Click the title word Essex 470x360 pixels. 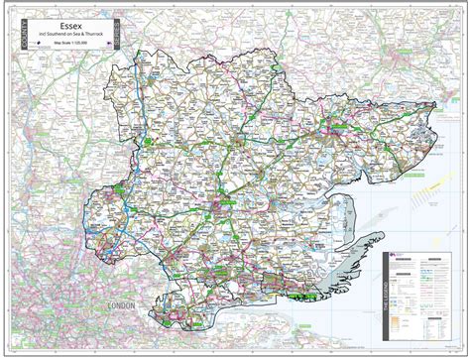(x=73, y=19)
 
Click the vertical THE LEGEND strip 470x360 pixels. (x=385, y=299)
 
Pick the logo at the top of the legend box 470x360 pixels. (x=397, y=256)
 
